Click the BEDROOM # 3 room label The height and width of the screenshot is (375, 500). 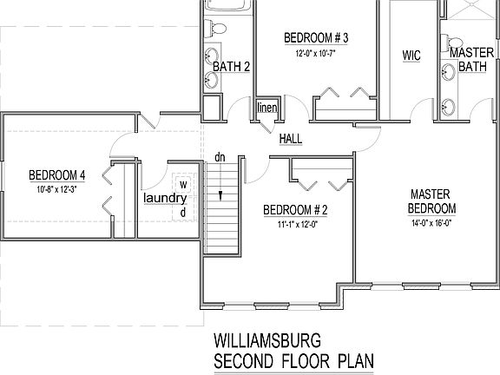[x=316, y=37]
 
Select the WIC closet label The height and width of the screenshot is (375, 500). [x=411, y=56]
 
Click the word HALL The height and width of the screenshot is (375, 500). [x=290, y=139]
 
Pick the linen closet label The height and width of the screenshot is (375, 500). [x=266, y=108]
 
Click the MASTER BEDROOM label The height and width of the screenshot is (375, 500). [x=432, y=201]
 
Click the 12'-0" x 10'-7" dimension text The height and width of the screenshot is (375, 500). [x=316, y=54]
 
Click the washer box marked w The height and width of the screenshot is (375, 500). [x=183, y=184]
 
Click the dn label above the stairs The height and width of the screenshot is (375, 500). [x=220, y=158]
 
